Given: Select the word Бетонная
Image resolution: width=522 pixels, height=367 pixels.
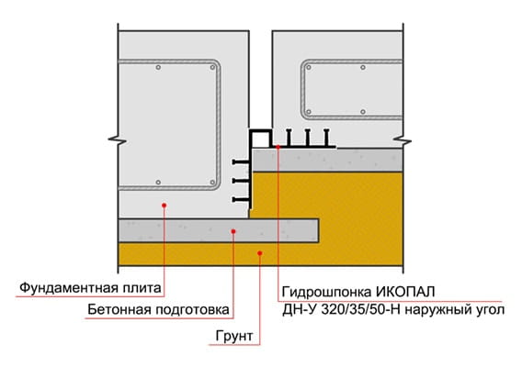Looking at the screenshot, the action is (119, 309).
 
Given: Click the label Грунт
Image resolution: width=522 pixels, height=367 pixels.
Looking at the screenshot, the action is (234, 336).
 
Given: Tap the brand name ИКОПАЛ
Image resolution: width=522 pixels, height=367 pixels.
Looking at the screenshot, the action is (405, 292).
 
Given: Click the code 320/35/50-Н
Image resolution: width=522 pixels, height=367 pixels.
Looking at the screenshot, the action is (361, 310).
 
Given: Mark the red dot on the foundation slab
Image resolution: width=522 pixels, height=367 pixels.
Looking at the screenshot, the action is (164, 206).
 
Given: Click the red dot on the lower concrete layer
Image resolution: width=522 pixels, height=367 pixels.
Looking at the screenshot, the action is (233, 231).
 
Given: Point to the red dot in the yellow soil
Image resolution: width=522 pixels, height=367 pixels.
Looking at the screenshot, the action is (260, 253).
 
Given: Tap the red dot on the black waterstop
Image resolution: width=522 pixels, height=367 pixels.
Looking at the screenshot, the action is (278, 147).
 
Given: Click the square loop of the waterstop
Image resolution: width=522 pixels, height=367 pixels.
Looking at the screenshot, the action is (261, 130).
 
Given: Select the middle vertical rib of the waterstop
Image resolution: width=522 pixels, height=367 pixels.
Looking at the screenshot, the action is (308, 137).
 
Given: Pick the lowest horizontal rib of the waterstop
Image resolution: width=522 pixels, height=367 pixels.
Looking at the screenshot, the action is (241, 199).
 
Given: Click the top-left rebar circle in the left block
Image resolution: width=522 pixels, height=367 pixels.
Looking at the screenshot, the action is (158, 68).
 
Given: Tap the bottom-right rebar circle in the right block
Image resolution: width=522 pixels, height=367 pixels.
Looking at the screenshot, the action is (363, 112).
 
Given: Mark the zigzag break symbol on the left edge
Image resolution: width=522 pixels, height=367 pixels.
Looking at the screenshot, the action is (118, 140).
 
